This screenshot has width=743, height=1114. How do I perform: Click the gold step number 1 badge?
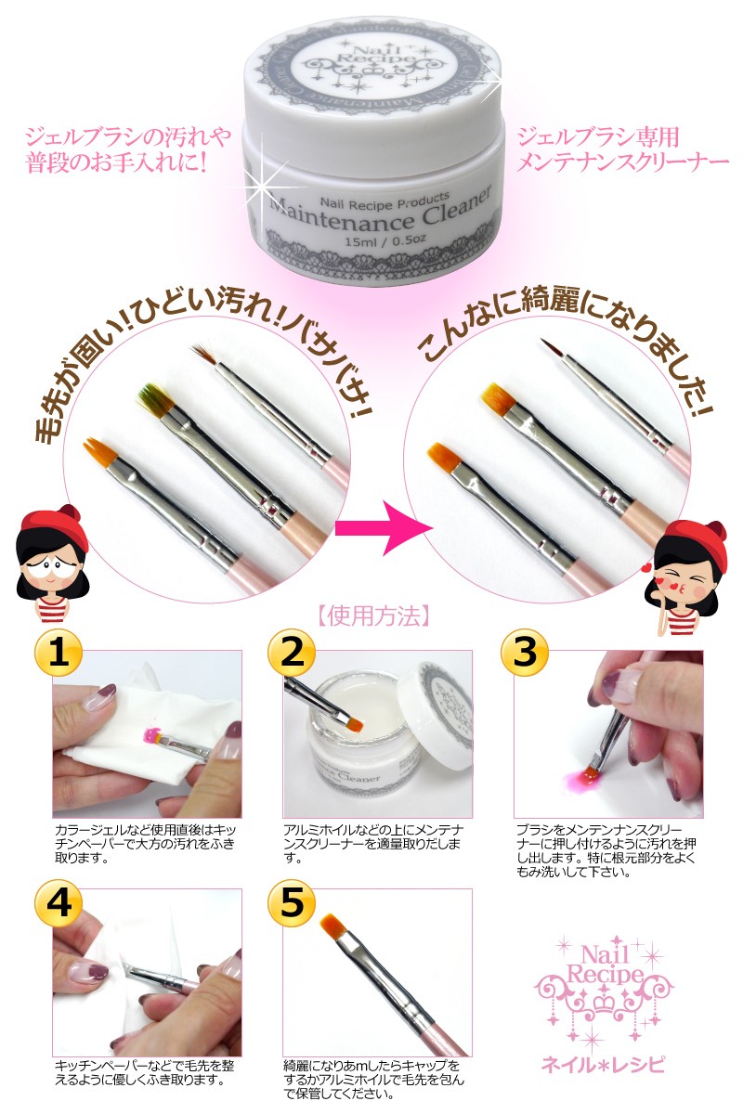pos(59,653)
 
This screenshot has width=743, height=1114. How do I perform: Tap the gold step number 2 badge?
pos(292,653)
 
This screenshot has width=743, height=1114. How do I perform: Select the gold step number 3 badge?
pos(524,653)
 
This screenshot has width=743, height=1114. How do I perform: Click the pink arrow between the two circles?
pos(384,527)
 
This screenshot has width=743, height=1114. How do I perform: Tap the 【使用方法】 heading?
pos(372,616)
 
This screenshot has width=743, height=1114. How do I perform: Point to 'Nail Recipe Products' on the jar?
pos(385,200)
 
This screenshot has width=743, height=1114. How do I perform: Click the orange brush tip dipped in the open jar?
pos(352,725)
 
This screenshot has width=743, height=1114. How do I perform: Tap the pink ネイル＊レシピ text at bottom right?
pos(603,1063)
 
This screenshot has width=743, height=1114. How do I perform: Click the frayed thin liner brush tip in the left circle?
pos(203,351)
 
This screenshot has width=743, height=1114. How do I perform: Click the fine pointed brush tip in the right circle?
pos(553,348)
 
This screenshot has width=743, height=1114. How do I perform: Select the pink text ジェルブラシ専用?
pos(598,137)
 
